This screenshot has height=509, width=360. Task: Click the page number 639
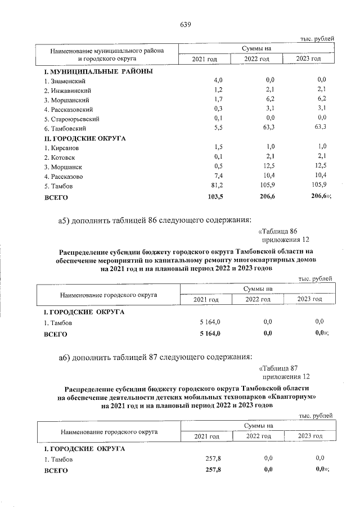pos(186,25)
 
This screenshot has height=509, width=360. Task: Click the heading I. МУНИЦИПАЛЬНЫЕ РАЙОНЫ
pos(98,71)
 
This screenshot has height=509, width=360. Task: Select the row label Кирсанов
pos(61,147)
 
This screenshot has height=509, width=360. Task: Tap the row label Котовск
pos(60,157)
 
